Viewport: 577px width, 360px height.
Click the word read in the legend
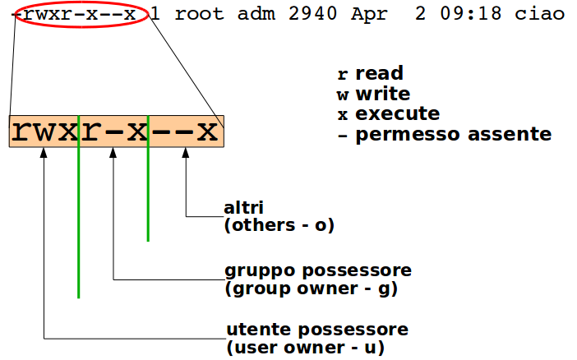coord(379,74)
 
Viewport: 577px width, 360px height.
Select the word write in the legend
coord(383,94)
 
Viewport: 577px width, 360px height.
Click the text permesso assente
coord(453,134)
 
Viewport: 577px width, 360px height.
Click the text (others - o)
coord(279,224)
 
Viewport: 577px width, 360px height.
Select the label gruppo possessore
coord(318,270)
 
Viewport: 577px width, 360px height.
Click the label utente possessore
coord(316,330)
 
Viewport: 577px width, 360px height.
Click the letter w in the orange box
coord(43,132)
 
